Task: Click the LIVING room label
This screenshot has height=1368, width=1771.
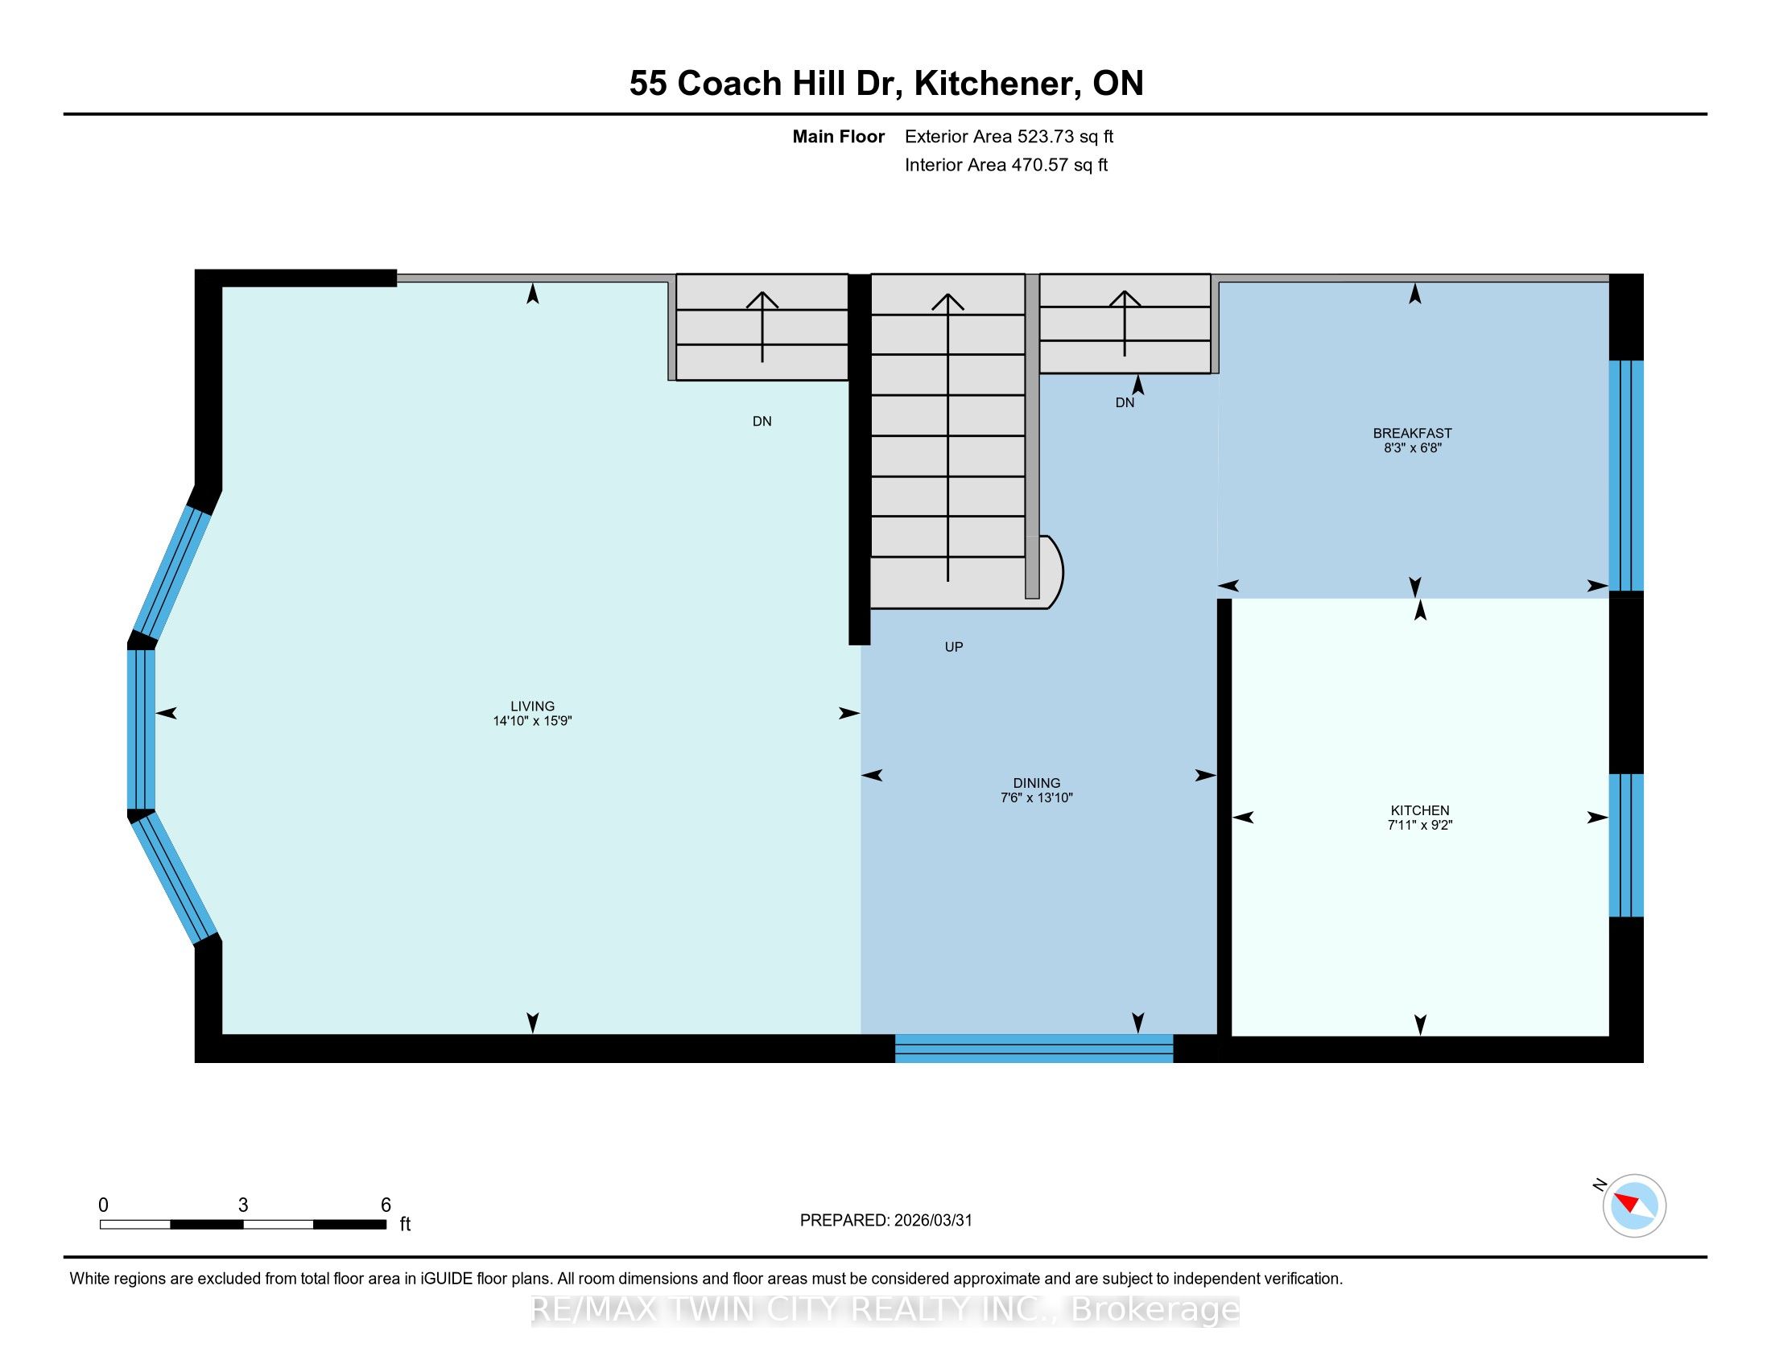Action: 532,706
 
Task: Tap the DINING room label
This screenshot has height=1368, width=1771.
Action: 1036,783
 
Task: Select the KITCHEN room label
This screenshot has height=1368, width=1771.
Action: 1420,810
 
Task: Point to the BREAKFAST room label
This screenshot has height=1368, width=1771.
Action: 1413,433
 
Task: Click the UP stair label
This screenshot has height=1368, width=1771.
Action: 954,647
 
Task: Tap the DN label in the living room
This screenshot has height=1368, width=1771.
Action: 762,422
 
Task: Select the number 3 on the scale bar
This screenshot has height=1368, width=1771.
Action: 242,1205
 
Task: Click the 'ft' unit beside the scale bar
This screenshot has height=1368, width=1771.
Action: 406,1224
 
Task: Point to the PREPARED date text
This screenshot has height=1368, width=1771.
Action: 885,1221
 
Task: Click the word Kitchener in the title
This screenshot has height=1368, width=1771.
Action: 997,84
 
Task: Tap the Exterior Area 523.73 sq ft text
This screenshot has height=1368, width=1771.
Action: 1009,137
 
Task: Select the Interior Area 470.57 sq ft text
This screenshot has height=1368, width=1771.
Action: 1005,165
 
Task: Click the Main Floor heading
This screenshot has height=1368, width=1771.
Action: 839,137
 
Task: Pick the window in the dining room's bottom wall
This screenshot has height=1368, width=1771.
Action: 1034,1048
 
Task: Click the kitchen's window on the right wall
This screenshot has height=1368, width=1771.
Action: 1626,845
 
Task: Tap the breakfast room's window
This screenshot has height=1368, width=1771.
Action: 1626,476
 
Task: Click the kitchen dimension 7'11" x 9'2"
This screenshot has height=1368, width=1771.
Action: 1420,825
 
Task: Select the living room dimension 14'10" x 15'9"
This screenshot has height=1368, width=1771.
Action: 532,720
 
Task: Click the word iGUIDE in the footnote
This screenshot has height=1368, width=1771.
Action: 446,1279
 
